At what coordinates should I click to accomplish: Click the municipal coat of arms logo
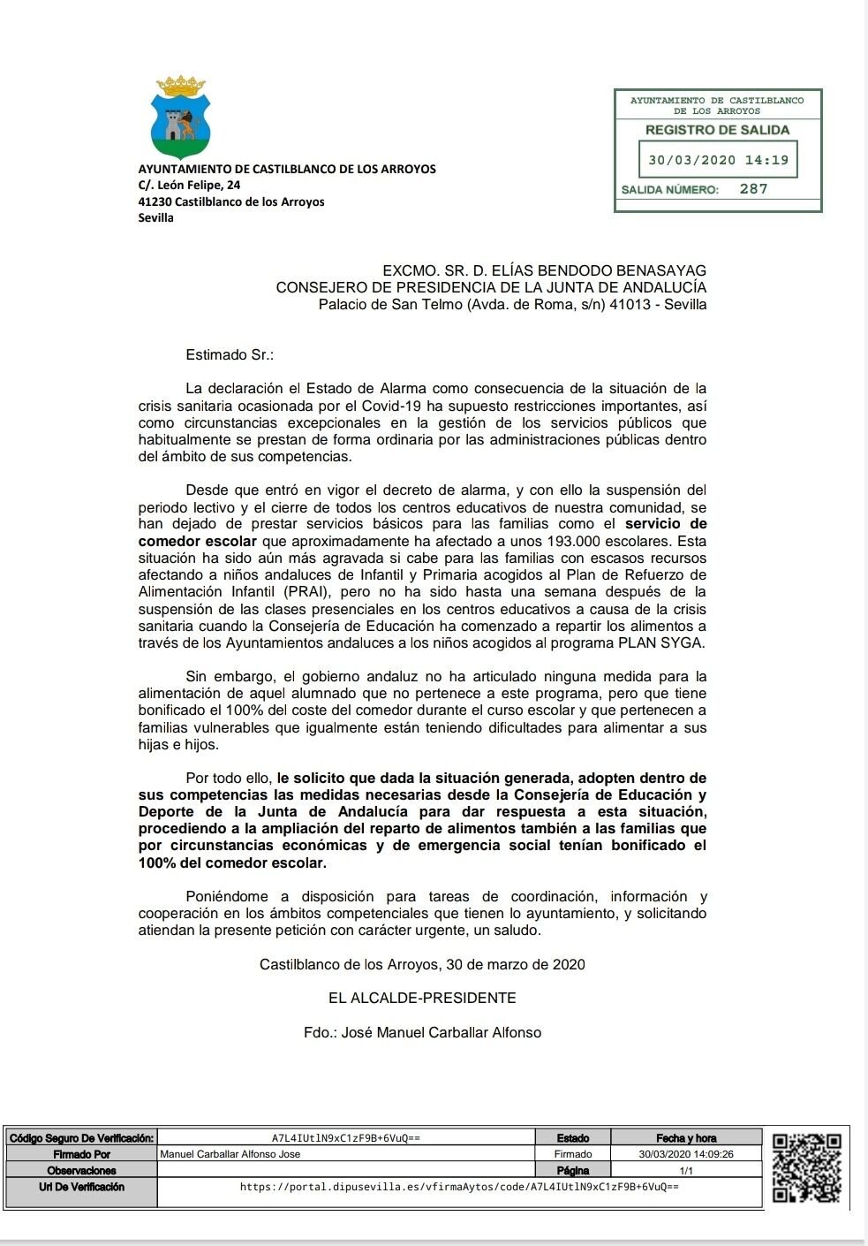[180, 117]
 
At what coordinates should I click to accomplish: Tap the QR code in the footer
[806, 1167]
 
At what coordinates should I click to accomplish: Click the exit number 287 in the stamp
[753, 189]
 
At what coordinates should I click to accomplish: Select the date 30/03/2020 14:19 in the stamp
[718, 161]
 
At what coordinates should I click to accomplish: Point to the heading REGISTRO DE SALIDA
[717, 130]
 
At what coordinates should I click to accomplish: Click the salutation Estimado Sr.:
[230, 355]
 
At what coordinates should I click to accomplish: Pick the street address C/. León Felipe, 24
[189, 186]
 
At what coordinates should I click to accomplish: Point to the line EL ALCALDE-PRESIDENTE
[422, 999]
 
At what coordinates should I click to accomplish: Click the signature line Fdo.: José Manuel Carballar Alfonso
[422, 1032]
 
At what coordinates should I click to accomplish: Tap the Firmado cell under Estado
[573, 1154]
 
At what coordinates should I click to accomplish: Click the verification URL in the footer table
[459, 1187]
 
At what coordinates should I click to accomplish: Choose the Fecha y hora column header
[686, 1138]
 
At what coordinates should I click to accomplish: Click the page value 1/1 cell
[686, 1170]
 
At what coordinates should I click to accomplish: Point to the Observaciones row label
[81, 1170]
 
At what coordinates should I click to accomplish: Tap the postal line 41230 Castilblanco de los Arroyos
[231, 201]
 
